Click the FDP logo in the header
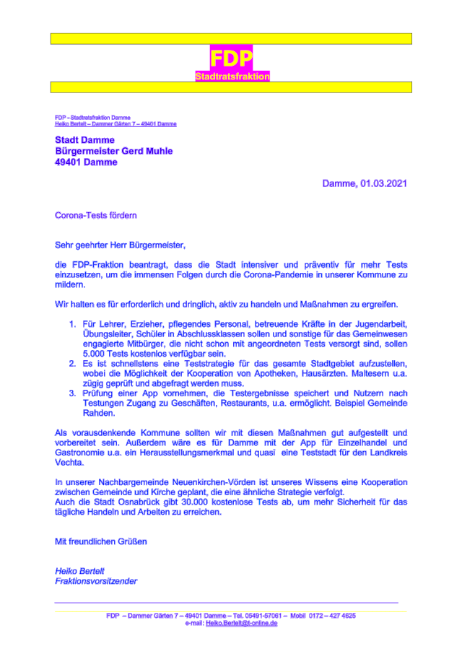[x=231, y=58]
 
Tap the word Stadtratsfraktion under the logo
[x=232, y=76]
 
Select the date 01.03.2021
[x=384, y=183]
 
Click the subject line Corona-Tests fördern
[x=96, y=215]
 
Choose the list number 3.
[x=72, y=394]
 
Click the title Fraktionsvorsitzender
[x=96, y=581]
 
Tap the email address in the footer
[x=241, y=623]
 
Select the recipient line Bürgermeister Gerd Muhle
[x=114, y=151]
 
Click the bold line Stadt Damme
[x=84, y=140]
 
